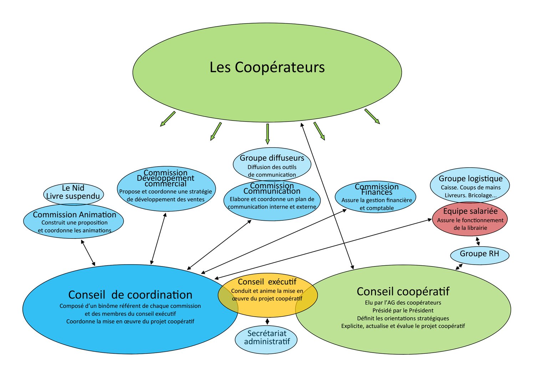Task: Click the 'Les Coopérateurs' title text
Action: click(x=267, y=67)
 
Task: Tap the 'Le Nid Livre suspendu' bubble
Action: click(x=73, y=192)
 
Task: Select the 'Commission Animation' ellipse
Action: click(x=74, y=222)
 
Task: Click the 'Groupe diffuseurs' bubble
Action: click(x=272, y=164)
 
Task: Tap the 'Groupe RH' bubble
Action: click(x=479, y=254)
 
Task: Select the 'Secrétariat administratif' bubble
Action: click(x=267, y=337)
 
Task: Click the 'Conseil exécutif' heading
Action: click(x=267, y=282)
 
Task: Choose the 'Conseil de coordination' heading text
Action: click(x=130, y=295)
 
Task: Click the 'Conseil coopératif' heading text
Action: click(x=403, y=292)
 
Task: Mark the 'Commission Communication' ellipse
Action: click(x=272, y=200)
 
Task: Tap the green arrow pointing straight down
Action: click(x=267, y=133)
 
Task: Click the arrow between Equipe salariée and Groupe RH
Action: click(x=478, y=241)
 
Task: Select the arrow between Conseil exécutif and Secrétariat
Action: click(x=267, y=321)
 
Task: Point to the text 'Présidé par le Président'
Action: click(x=403, y=311)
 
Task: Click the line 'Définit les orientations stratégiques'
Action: click(x=403, y=318)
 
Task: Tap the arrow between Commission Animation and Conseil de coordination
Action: click(x=88, y=252)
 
